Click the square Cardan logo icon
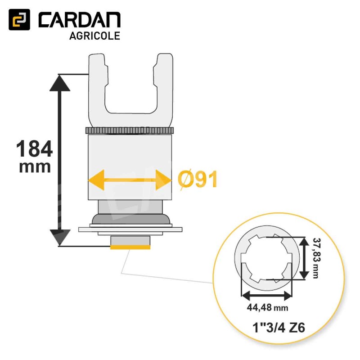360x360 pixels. (x=19, y=19)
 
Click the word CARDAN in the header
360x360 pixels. (x=80, y=20)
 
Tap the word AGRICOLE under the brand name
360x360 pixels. (x=94, y=36)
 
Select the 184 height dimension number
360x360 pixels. (x=35, y=149)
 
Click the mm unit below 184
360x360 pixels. (x=35, y=167)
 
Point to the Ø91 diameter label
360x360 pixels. (x=198, y=180)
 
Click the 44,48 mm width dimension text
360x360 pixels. (x=267, y=307)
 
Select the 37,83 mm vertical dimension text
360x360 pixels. (x=317, y=258)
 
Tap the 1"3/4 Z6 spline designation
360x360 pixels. (x=279, y=328)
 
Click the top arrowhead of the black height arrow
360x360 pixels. (x=60, y=83)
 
